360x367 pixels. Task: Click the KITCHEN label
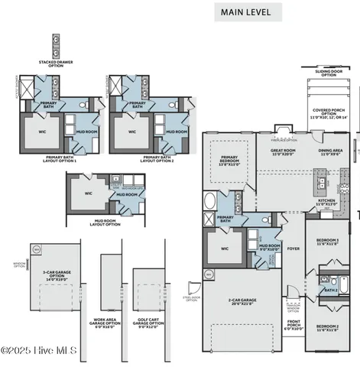326,203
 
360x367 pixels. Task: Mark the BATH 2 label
331,290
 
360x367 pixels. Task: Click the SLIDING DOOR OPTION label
328,73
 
